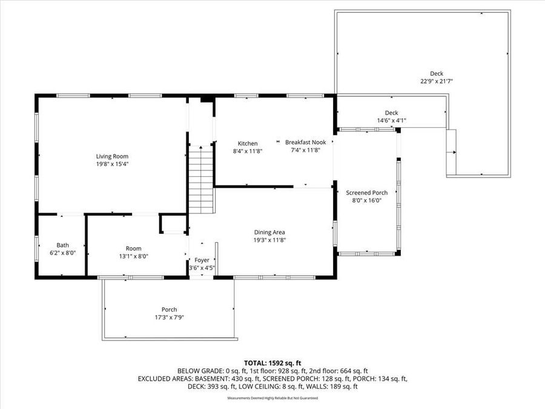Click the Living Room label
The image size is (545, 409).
click(112, 156)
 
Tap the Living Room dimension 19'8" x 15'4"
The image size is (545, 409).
click(112, 164)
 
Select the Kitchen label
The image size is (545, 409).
click(248, 144)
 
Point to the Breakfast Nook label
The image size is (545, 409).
click(305, 142)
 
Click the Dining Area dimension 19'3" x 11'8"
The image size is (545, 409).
click(269, 240)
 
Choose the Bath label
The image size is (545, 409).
click(62, 245)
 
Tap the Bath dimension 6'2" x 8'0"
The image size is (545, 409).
click(62, 253)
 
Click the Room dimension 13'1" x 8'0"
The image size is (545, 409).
click(133, 256)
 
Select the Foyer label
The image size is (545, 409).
click(202, 260)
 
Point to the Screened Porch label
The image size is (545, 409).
click(366, 193)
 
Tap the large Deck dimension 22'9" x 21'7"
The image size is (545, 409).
click(437, 81)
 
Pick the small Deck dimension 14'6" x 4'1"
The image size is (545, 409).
click(391, 121)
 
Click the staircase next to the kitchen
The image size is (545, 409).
click(201, 179)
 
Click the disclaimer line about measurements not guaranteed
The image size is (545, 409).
click(272, 398)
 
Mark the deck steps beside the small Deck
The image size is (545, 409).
click(451, 152)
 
